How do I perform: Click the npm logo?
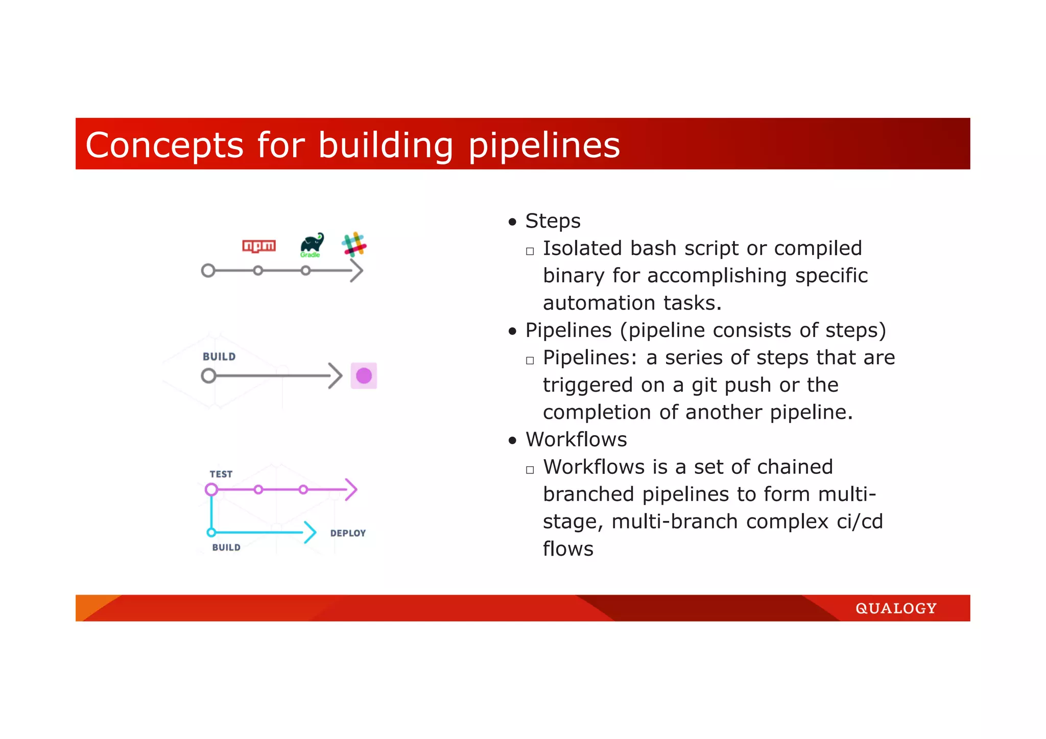tap(258, 246)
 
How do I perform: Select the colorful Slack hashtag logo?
tap(354, 245)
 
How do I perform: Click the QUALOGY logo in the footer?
tap(896, 608)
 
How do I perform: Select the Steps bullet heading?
tap(553, 221)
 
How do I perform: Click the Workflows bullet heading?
tap(576, 440)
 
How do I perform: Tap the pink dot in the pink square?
tap(364, 376)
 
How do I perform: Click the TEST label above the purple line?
tap(221, 474)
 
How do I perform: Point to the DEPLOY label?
tap(348, 533)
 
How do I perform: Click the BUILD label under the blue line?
tap(226, 547)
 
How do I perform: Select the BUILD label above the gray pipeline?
tap(219, 356)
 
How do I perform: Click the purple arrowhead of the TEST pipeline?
tap(351, 489)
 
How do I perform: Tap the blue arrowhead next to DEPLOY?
tap(310, 532)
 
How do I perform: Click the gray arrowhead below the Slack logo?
tap(357, 271)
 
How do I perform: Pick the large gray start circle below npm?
tap(208, 270)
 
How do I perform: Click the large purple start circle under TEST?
tap(211, 490)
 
